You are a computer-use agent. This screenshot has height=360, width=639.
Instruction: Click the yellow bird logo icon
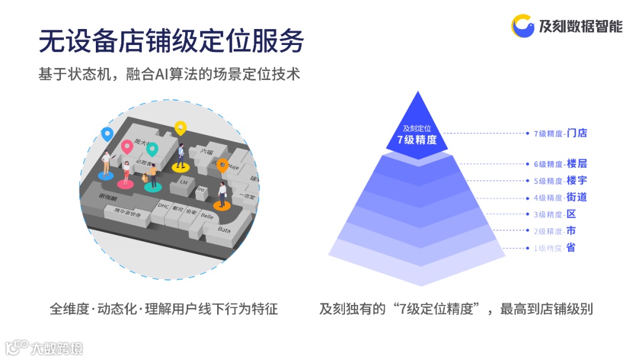pos(523,26)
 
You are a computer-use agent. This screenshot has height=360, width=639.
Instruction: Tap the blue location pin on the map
pos(106,134)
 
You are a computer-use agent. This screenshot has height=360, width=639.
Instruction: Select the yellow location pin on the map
pos(180,127)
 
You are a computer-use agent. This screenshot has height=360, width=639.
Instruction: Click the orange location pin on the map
pos(222,165)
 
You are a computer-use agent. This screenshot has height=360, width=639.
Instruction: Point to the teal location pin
pos(152,149)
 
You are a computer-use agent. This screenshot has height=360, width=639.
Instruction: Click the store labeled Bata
pos(224,229)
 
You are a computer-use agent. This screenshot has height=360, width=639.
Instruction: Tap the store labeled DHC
pos(163,205)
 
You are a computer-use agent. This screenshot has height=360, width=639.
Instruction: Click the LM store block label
pos(183,182)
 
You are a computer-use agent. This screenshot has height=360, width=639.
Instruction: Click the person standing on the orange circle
pos(222,194)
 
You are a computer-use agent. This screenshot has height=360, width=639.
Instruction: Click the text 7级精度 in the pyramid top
pos(417,140)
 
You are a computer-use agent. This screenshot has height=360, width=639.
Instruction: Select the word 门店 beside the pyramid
pos(576,133)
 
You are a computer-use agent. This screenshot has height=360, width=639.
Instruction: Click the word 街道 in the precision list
pos(576,197)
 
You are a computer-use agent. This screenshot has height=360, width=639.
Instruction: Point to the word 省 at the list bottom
pos(570,247)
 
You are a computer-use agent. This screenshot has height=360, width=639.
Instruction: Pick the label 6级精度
pos(548,164)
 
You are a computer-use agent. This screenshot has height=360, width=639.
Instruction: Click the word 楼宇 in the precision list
pos(576,181)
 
